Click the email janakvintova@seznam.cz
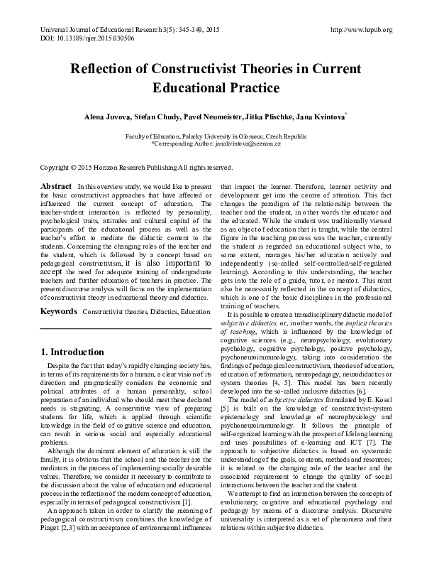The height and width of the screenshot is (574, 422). [248, 143]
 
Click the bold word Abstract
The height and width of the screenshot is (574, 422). [55, 185]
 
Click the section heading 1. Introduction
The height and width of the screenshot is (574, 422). [72, 352]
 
